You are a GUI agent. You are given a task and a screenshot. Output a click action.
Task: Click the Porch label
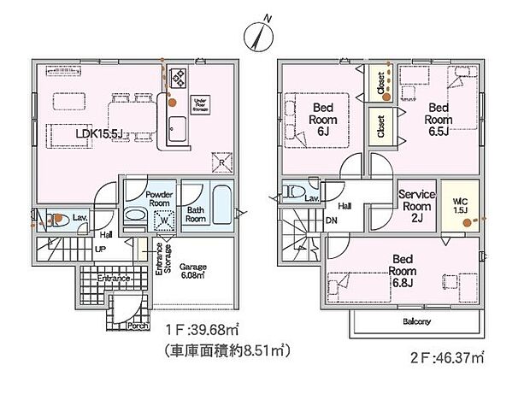tap(126, 325)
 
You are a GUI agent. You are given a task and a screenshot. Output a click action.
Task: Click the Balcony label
tap(416, 322)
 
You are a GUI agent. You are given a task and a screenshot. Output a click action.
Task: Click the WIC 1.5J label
tap(461, 204)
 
